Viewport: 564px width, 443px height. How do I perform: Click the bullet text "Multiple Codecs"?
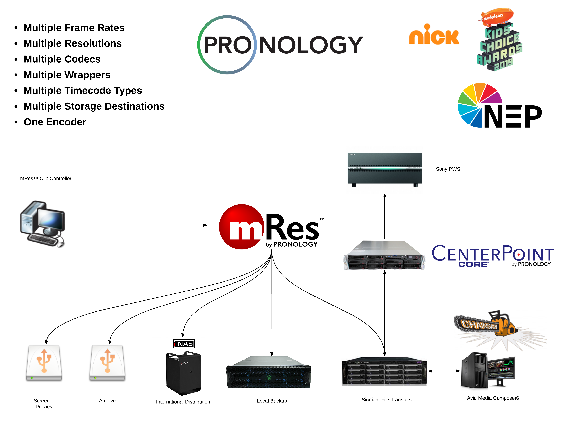[x=62, y=59]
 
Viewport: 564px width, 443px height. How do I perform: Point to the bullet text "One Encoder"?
[x=55, y=122]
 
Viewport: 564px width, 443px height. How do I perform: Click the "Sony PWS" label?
[x=448, y=169]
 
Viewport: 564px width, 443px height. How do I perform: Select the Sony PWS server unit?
[x=384, y=169]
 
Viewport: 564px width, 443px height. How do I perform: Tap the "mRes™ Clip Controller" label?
[x=46, y=178]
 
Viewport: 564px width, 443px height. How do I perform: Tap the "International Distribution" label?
[x=183, y=402]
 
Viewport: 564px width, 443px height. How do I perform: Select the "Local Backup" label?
[x=272, y=401]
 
